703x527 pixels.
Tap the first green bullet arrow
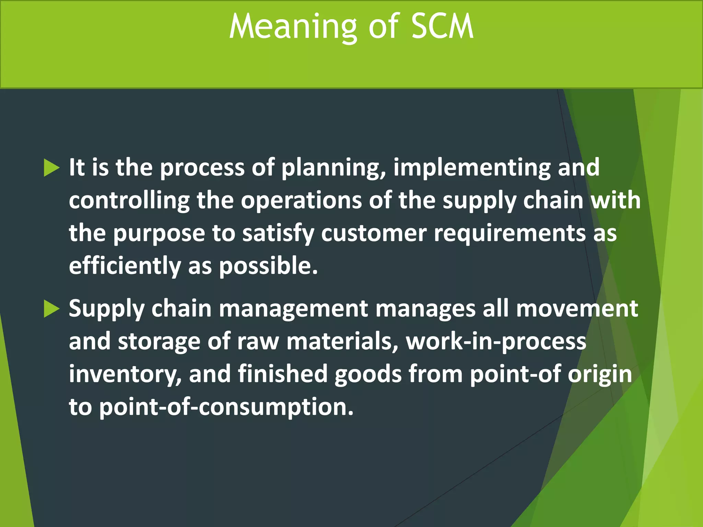click(x=52, y=168)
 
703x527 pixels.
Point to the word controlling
click(x=129, y=201)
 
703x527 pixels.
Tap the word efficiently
click(x=125, y=266)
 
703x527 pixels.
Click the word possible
click(x=268, y=266)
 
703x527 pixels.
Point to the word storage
click(x=159, y=342)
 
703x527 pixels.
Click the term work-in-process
click(x=496, y=342)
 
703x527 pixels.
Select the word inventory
click(x=125, y=374)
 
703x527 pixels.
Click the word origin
click(x=599, y=374)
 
